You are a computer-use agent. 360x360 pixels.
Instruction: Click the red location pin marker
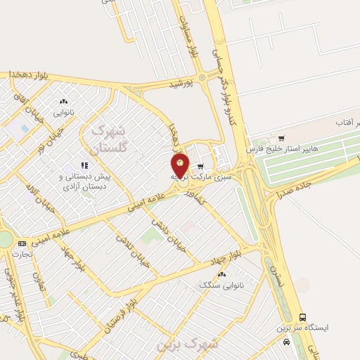pos(180,165)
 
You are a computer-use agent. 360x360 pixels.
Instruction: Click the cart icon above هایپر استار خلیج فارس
pos(281,138)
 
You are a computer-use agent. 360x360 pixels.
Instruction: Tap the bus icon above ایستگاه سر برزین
pos(303,317)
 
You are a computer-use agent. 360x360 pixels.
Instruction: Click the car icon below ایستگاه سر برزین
pos(286,342)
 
